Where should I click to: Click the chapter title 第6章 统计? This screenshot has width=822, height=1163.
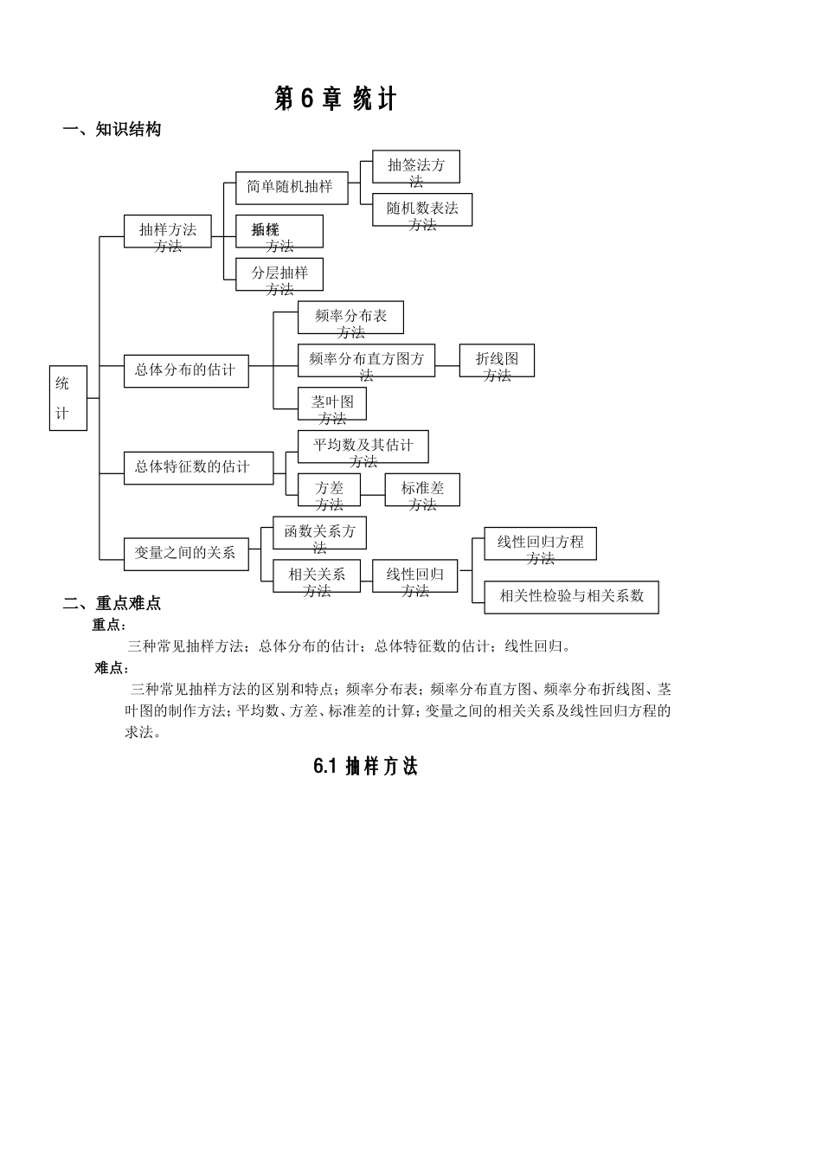(x=335, y=100)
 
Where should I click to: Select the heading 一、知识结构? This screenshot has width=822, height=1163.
(x=112, y=130)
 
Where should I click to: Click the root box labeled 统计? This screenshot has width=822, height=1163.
(x=68, y=398)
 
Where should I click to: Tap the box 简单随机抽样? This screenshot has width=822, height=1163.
(x=292, y=188)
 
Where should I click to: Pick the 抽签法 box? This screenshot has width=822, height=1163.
(x=415, y=167)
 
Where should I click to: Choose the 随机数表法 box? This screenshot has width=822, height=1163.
(x=422, y=210)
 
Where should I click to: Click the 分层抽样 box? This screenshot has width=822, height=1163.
(x=279, y=274)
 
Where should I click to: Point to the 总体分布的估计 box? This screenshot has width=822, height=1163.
(x=186, y=370)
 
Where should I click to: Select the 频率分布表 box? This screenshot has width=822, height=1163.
(x=350, y=318)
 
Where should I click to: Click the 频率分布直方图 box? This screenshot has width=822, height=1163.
(x=366, y=361)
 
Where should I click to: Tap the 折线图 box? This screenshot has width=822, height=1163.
(x=497, y=361)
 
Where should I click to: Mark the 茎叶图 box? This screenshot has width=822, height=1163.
(x=332, y=403)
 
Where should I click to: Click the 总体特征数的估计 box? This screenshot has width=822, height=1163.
(x=198, y=467)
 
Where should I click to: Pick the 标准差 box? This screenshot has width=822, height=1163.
(x=422, y=490)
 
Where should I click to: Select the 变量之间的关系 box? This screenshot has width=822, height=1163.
(x=186, y=553)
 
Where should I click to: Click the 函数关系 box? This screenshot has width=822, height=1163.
(x=319, y=533)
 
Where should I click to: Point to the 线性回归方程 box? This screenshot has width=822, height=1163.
(x=540, y=543)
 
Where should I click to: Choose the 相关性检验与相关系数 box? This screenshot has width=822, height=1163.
(x=571, y=597)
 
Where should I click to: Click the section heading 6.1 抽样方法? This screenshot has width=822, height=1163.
(x=365, y=767)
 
